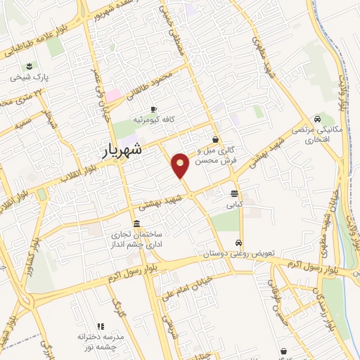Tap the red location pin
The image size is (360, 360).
(x=181, y=166)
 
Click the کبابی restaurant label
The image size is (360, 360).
(x=233, y=206)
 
